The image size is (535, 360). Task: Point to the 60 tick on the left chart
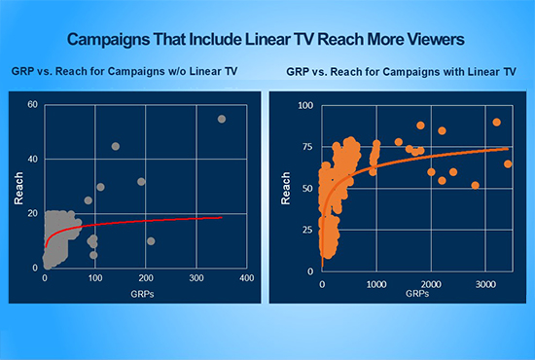(x=32, y=105)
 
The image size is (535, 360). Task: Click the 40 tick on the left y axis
(x=32, y=159)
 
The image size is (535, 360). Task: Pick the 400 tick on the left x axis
(x=247, y=278)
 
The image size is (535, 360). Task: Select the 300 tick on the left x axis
(x=196, y=278)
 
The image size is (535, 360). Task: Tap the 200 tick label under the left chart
(x=146, y=278)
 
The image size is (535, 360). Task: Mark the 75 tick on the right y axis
(x=308, y=147)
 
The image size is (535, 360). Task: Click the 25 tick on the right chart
(x=308, y=231)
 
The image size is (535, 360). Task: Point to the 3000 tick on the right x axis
(x=483, y=283)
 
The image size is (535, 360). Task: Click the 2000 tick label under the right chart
(x=430, y=283)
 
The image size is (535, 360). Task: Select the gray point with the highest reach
(x=222, y=119)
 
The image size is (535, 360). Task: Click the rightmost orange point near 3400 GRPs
(x=508, y=164)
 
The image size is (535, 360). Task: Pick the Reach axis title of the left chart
(x=18, y=187)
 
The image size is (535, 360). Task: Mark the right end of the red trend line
(x=222, y=217)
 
